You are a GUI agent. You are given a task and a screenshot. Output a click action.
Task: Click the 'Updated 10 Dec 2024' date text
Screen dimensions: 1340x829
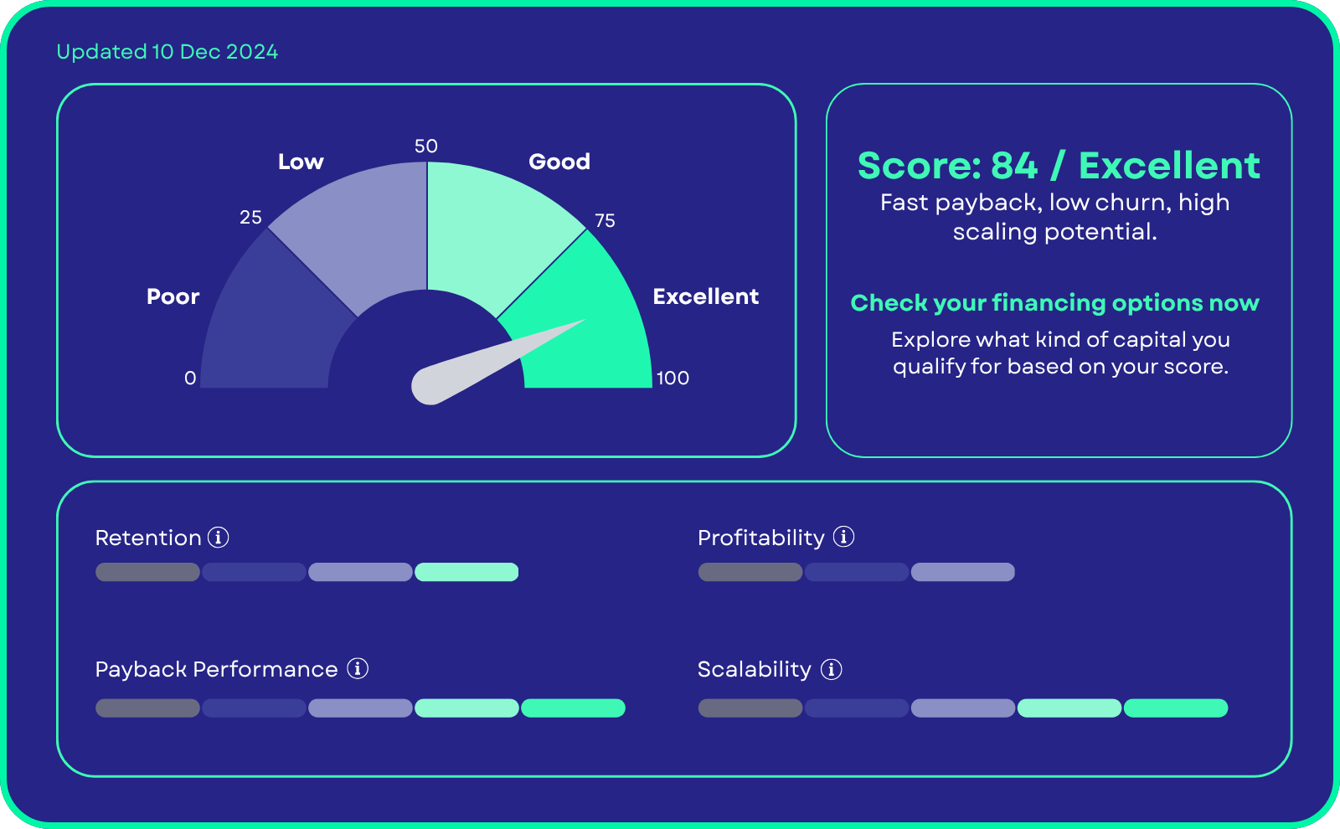(x=167, y=52)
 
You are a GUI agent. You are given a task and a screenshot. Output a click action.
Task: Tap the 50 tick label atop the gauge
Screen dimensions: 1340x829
(x=426, y=146)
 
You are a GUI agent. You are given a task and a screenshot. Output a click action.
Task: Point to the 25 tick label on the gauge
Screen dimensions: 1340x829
(x=250, y=217)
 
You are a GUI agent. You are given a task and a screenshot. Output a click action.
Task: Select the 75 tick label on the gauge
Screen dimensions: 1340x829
(x=605, y=221)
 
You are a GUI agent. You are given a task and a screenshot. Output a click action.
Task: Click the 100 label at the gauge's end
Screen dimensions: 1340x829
(x=673, y=378)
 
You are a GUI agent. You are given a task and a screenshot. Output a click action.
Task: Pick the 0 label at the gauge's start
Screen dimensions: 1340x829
(x=190, y=378)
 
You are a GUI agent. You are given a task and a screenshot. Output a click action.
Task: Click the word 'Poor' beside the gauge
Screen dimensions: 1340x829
(x=173, y=296)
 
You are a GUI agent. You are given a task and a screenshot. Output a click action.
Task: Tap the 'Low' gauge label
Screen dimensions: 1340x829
(x=301, y=162)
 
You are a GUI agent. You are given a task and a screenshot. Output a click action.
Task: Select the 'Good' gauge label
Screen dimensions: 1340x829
(x=559, y=162)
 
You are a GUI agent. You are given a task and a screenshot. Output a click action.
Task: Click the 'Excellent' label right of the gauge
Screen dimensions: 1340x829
(x=706, y=296)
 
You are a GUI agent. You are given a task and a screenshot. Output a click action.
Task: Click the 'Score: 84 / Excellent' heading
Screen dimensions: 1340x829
(x=1059, y=166)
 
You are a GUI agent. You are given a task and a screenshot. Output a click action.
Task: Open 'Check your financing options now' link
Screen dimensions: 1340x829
(x=1055, y=302)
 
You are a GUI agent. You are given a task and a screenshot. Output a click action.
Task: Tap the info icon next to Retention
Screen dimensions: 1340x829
(x=219, y=537)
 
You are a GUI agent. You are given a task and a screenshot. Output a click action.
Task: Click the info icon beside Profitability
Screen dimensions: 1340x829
(x=844, y=537)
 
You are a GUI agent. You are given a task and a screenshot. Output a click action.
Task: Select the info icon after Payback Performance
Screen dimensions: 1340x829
(x=358, y=668)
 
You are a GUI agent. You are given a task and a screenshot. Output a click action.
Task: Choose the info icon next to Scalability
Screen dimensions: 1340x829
(x=832, y=669)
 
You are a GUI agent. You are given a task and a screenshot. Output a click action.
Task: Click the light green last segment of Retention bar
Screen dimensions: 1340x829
(x=466, y=572)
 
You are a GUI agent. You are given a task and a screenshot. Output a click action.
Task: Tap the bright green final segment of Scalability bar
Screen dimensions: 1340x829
(x=1176, y=708)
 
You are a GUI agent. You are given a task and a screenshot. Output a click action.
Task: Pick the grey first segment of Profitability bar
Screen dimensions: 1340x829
(x=750, y=572)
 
